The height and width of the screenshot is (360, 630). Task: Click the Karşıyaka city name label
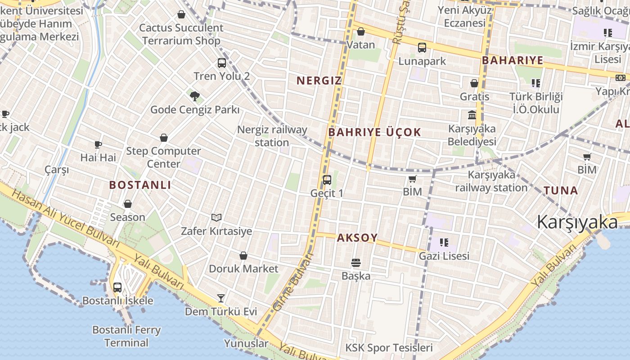577,223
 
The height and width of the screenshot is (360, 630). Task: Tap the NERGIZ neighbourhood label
319,81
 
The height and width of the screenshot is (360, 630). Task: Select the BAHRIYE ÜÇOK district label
374,132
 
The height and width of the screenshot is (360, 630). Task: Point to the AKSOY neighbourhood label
357,238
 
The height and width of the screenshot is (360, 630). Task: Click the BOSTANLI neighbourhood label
140,185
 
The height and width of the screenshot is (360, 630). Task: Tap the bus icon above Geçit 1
327,180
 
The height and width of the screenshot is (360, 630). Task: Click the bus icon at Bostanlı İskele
117,287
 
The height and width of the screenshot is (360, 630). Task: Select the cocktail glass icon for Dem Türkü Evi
221,298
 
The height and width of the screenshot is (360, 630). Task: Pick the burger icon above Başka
356,263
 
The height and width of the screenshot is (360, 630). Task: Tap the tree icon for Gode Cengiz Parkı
194,96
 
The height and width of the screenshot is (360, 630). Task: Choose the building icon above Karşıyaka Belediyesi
472,115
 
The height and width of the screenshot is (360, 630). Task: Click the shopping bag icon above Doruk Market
243,256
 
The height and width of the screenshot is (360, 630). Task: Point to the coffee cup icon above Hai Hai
98,144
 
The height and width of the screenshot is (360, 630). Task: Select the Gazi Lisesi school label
444,256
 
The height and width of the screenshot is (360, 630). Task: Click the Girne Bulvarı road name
293,282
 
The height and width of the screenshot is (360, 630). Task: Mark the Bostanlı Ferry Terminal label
126,336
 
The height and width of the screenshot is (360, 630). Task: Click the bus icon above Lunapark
422,48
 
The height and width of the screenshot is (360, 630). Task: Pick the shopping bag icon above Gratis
474,83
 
